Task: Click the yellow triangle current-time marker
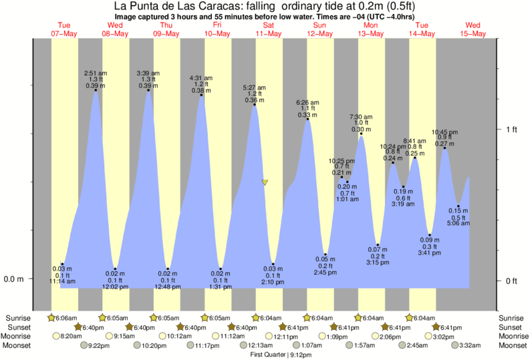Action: pyautogui.click(x=265, y=182)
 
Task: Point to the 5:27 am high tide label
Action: pyautogui.click(x=254, y=87)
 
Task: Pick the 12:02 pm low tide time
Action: pyautogui.click(x=115, y=287)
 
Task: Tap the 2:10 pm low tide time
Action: pyautogui.click(x=273, y=282)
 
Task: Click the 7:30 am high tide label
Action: pyautogui.click(x=361, y=116)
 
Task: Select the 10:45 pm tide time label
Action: pyautogui.click(x=445, y=132)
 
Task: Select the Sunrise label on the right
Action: pyautogui.click(x=511, y=318)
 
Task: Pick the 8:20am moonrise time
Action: pyautogui.click(x=71, y=337)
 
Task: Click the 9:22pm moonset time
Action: pyautogui.click(x=98, y=345)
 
